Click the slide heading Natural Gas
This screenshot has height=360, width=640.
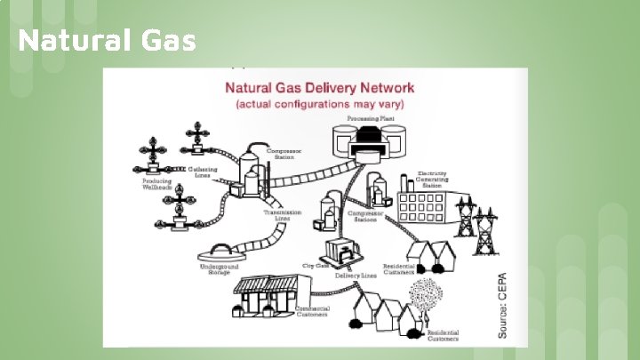point(106,41)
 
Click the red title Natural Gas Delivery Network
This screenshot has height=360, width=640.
point(319,88)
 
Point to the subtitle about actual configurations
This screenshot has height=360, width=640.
point(319,104)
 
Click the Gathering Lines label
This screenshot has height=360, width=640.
point(204,172)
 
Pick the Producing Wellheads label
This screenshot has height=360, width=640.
point(157,185)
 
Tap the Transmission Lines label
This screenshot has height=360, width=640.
point(283,216)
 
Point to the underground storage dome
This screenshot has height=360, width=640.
point(225,251)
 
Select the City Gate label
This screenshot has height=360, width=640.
point(316,265)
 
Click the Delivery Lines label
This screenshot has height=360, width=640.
point(356,276)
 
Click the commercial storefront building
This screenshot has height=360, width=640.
point(268,293)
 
